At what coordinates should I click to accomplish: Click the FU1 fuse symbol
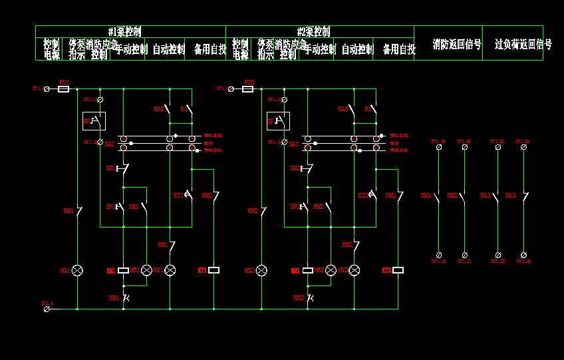point(64,89)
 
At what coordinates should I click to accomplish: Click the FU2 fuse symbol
point(248,89)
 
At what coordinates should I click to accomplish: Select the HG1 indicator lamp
point(77,270)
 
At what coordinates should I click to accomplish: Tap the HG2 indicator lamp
point(261,270)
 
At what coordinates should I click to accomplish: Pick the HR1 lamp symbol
point(146,270)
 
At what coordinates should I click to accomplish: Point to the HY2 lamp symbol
point(354,270)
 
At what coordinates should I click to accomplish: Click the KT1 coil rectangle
point(213,270)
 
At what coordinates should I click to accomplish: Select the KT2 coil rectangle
point(398,270)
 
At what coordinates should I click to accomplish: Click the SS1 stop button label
point(110,168)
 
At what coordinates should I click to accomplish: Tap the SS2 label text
point(295,168)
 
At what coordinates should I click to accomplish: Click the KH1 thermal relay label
point(114,297)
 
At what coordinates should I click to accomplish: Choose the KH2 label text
point(298,297)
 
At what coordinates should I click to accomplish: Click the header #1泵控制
point(124,31)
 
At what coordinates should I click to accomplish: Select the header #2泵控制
point(313,31)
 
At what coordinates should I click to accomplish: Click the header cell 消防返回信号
point(456,45)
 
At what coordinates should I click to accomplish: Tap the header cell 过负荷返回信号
point(523,45)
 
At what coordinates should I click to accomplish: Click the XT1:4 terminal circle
point(47,309)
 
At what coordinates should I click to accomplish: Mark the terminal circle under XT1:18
point(439,147)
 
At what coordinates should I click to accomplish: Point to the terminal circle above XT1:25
point(498,255)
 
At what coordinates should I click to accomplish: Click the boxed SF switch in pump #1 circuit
point(93,121)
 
